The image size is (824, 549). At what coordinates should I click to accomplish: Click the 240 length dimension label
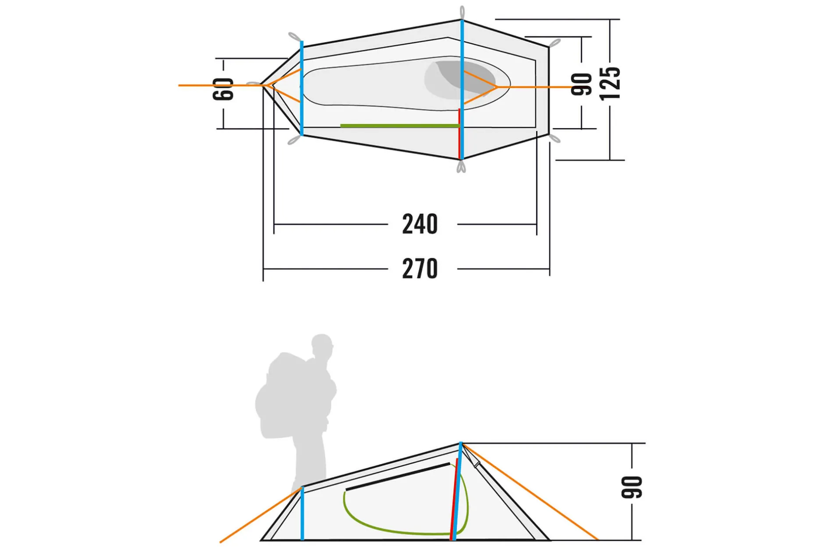pyautogui.click(x=420, y=224)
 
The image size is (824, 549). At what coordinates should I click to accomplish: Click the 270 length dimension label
pyautogui.click(x=420, y=268)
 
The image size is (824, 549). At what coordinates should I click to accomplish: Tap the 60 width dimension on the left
pyautogui.click(x=224, y=89)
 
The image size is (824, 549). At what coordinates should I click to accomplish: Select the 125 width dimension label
pyautogui.click(x=610, y=83)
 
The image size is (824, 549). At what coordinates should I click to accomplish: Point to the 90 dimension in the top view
pyautogui.click(x=582, y=84)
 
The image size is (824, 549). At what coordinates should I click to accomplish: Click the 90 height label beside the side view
pyautogui.click(x=632, y=487)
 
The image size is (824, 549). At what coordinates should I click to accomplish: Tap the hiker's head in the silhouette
pyautogui.click(x=322, y=346)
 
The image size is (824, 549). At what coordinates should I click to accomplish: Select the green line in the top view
pyautogui.click(x=399, y=126)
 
